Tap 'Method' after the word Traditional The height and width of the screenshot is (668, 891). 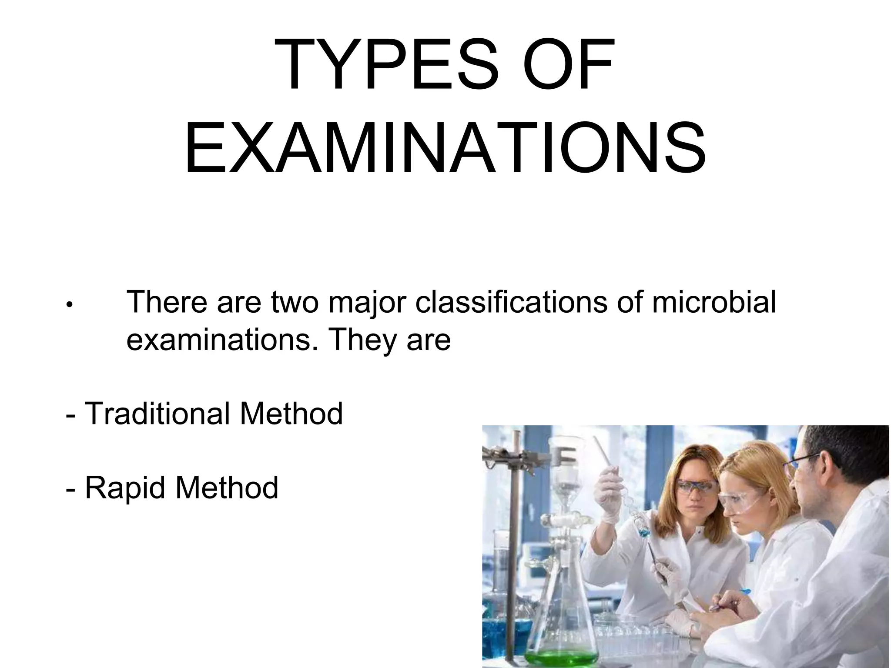[x=291, y=414]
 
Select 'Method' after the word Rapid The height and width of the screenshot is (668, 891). [x=227, y=488]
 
